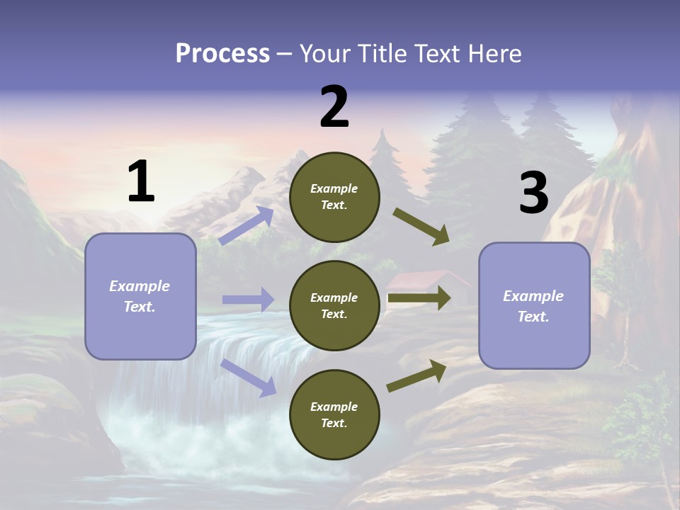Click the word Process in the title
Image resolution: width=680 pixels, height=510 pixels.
click(x=222, y=54)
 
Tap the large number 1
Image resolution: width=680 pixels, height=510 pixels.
click(x=141, y=182)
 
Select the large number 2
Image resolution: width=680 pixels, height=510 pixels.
click(x=334, y=107)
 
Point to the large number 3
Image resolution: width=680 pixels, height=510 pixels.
click(x=533, y=193)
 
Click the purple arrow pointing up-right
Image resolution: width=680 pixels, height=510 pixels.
click(x=246, y=225)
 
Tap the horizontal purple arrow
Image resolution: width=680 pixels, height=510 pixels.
click(x=248, y=300)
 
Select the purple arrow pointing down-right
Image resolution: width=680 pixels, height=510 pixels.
click(x=248, y=378)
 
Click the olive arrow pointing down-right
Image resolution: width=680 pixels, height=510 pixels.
click(x=421, y=227)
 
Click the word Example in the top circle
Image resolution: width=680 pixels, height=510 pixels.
click(x=334, y=188)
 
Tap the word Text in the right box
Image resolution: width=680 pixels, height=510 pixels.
click(x=533, y=317)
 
